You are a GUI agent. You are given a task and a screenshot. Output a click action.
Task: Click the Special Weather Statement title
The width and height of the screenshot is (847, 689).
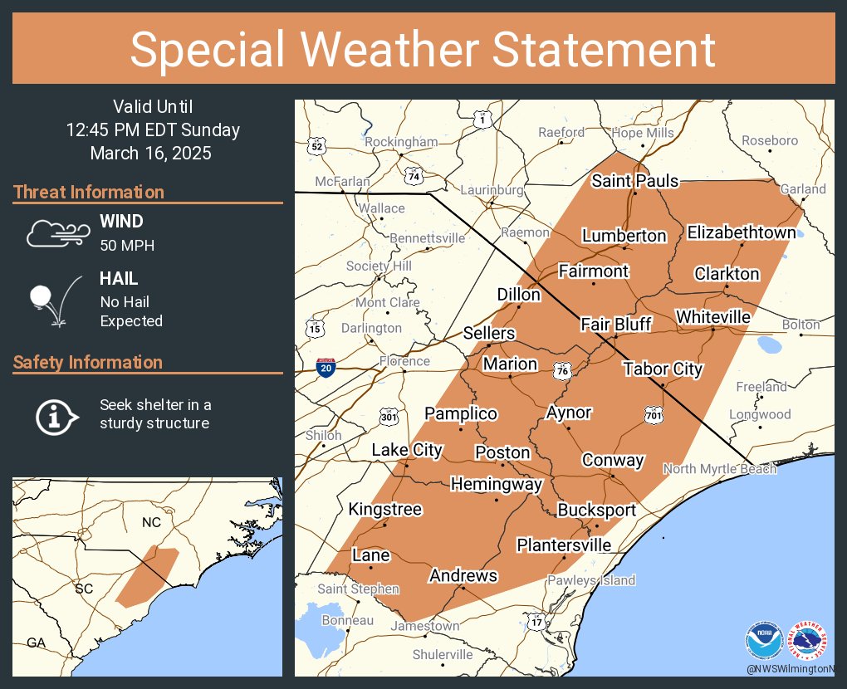point(423,50)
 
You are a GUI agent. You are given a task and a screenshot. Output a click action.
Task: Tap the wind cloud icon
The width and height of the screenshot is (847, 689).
point(56,233)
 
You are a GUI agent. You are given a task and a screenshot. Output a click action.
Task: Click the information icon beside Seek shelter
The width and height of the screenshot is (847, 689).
point(56,415)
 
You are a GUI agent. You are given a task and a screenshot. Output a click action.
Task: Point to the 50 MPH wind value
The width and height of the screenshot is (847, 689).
point(126,246)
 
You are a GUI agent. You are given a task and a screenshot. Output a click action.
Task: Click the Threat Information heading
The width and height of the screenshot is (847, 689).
point(89,193)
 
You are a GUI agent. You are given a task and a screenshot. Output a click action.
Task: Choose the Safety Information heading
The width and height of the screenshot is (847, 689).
point(88,363)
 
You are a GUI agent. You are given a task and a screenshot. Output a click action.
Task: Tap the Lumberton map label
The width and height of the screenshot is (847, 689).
point(624,236)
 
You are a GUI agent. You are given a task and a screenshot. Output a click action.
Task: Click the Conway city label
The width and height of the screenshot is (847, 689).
point(613,460)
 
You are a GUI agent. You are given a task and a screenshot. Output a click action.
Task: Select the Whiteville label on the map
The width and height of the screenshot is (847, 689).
point(712,317)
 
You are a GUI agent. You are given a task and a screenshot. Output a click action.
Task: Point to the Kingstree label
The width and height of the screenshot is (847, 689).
point(385,509)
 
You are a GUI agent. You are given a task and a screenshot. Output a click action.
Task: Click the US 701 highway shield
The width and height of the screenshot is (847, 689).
point(654,413)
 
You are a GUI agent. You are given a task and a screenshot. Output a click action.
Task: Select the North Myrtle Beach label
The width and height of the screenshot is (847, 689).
point(719,469)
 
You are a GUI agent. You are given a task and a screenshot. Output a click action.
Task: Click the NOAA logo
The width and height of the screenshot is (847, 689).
point(764,641)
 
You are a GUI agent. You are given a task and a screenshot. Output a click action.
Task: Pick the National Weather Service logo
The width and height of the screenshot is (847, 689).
point(809,641)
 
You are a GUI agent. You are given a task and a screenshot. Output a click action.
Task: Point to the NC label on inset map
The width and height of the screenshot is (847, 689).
point(151,522)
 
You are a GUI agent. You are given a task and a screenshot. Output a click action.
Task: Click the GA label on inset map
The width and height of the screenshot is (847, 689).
point(36,643)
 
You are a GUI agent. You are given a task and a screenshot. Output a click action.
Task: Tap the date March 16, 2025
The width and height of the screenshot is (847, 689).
point(150,154)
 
